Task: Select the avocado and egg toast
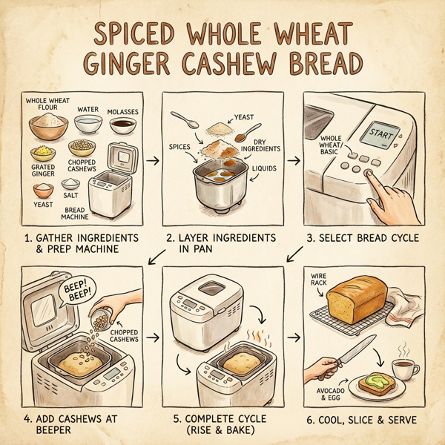click(x=376, y=384)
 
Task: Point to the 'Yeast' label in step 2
click(x=244, y=116)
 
